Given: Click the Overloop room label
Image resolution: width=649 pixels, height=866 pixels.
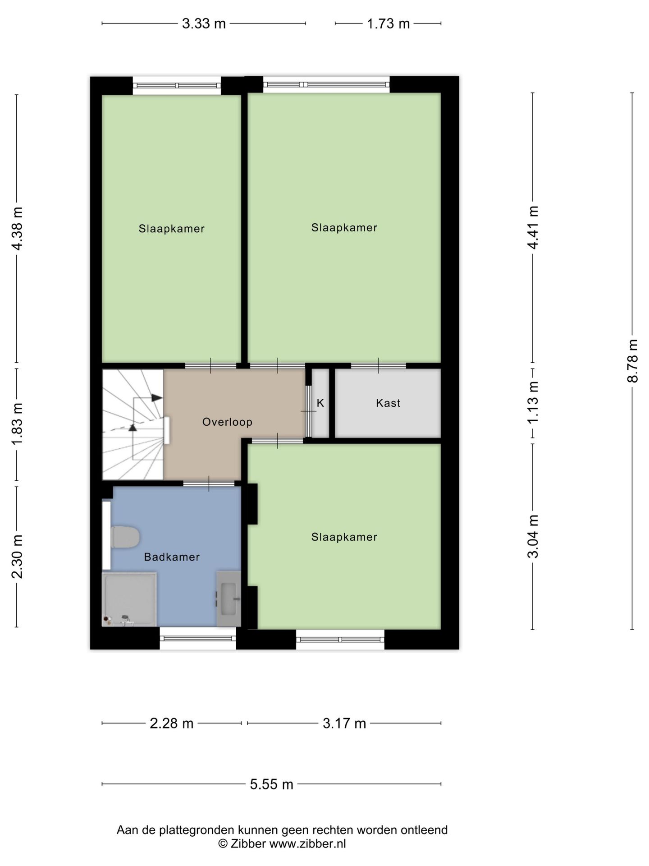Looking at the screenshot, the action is pyautogui.click(x=227, y=422).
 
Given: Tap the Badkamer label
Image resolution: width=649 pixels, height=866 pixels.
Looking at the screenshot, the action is pyautogui.click(x=172, y=557).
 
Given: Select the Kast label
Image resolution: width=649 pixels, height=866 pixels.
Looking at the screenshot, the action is pyautogui.click(x=388, y=403).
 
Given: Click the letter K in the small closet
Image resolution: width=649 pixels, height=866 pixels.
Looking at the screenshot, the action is pyautogui.click(x=320, y=403).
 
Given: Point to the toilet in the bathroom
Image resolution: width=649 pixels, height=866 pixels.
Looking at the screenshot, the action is pyautogui.click(x=125, y=537).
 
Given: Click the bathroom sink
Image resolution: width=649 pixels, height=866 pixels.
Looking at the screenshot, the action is pyautogui.click(x=229, y=599).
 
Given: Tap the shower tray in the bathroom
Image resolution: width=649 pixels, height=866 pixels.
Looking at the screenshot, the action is pyautogui.click(x=129, y=599).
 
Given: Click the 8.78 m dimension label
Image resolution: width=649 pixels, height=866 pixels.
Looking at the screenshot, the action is pyautogui.click(x=632, y=361).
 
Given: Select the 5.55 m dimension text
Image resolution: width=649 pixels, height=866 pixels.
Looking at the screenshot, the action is pyautogui.click(x=272, y=784).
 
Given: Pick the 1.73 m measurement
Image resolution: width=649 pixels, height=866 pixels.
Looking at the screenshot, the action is pyautogui.click(x=388, y=23).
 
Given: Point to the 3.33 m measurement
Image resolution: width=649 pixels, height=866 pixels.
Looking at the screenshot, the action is pyautogui.click(x=204, y=23).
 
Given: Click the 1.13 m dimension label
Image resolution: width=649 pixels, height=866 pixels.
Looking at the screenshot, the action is pyautogui.click(x=533, y=403).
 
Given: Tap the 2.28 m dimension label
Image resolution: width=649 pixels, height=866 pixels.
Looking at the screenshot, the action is pyautogui.click(x=172, y=723).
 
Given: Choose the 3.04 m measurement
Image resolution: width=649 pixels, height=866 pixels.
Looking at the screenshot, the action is pyautogui.click(x=533, y=537).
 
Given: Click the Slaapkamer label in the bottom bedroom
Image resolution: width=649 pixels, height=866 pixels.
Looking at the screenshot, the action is pyautogui.click(x=344, y=537).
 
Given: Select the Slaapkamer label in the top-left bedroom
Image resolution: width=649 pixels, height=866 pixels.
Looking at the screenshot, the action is pyautogui.click(x=171, y=229).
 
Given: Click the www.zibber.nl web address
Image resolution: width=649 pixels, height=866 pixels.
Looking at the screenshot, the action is pyautogui.click(x=307, y=844).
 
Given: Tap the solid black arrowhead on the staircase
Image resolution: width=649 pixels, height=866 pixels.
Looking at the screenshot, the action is pyautogui.click(x=156, y=397).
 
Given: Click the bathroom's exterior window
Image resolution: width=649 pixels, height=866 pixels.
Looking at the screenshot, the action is pyautogui.click(x=198, y=638).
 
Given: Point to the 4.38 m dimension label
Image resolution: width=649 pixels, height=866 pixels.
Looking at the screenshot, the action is pyautogui.click(x=17, y=229).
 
